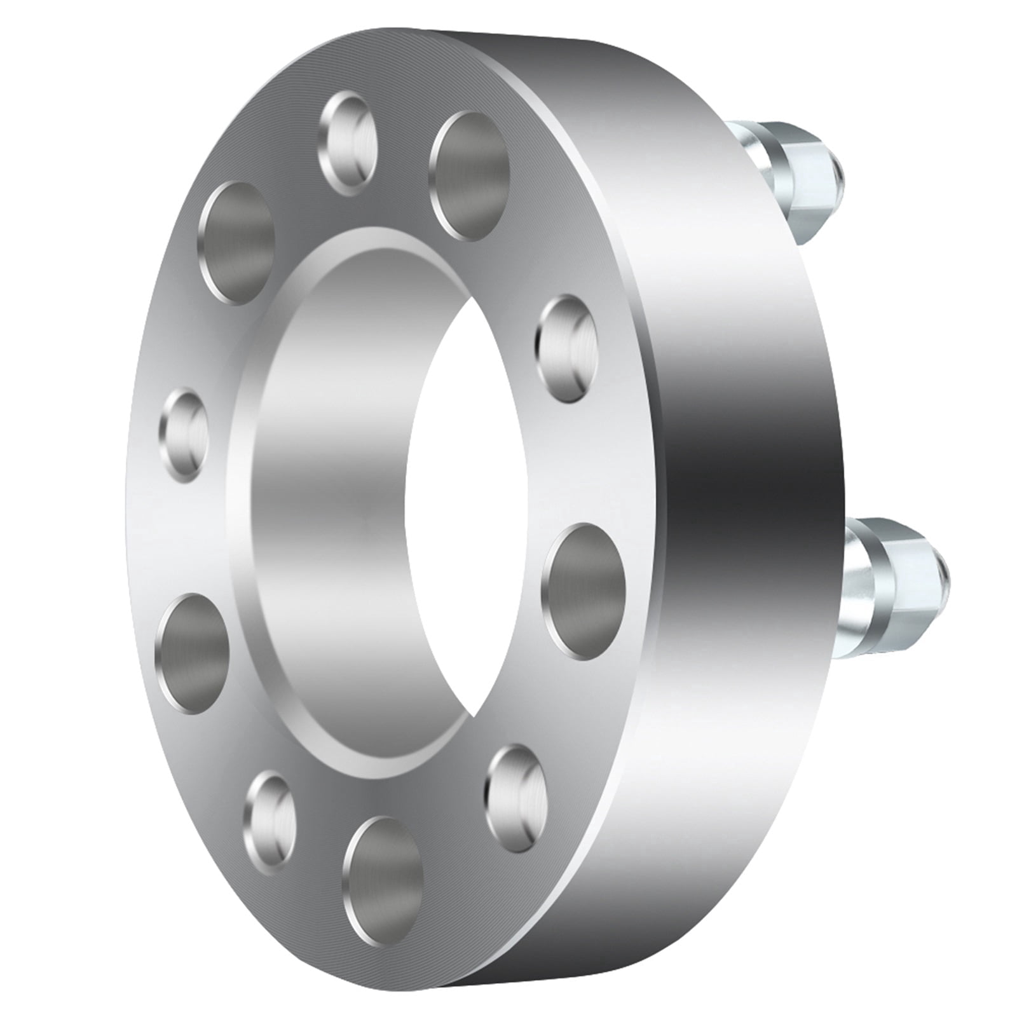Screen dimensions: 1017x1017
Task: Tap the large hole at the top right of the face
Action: tap(469, 176)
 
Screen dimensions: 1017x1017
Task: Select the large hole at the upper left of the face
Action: tap(236, 243)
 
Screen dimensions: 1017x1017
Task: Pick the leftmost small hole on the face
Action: tap(183, 435)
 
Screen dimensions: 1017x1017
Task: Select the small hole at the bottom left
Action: tap(270, 822)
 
